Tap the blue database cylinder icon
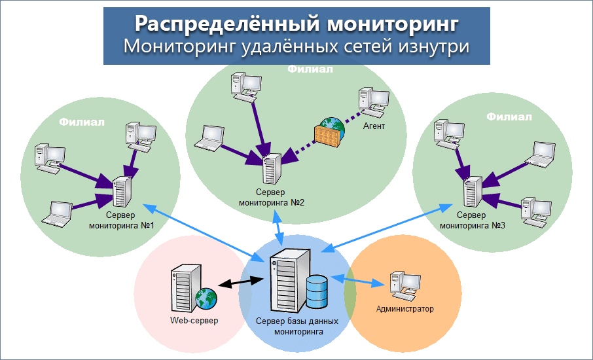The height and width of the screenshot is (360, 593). click(x=316, y=291)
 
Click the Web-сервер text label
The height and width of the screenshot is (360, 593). click(x=194, y=321)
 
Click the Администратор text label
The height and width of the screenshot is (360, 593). click(x=405, y=308)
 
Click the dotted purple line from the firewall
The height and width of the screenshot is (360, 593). click(x=295, y=148)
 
